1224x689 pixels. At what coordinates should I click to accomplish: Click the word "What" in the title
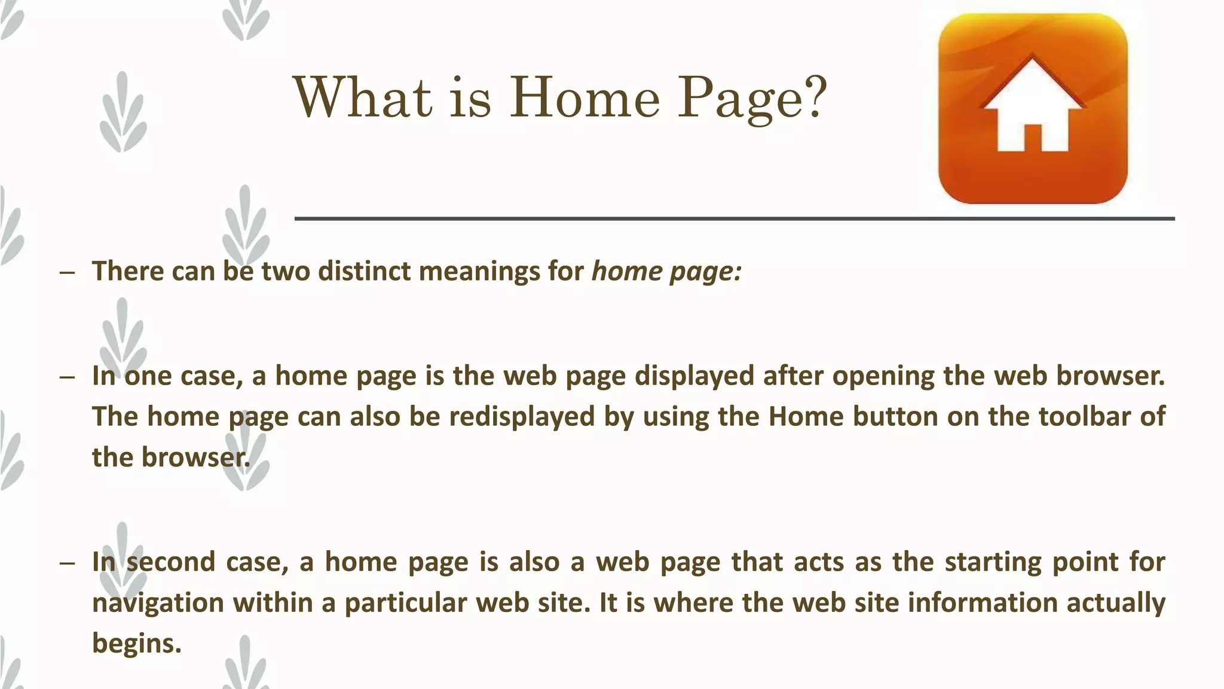click(362, 97)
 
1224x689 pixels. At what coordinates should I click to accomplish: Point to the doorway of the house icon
click(1032, 138)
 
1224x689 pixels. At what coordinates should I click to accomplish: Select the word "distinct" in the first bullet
click(364, 271)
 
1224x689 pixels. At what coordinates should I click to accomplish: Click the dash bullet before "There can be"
click(68, 273)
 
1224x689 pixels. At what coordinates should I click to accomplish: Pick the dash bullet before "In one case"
click(68, 377)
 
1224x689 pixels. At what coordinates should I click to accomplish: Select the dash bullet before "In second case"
click(68, 563)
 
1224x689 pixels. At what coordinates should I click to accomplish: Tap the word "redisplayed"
click(522, 416)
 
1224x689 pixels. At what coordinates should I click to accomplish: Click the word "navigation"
click(158, 603)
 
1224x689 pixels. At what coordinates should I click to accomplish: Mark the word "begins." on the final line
click(136, 644)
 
